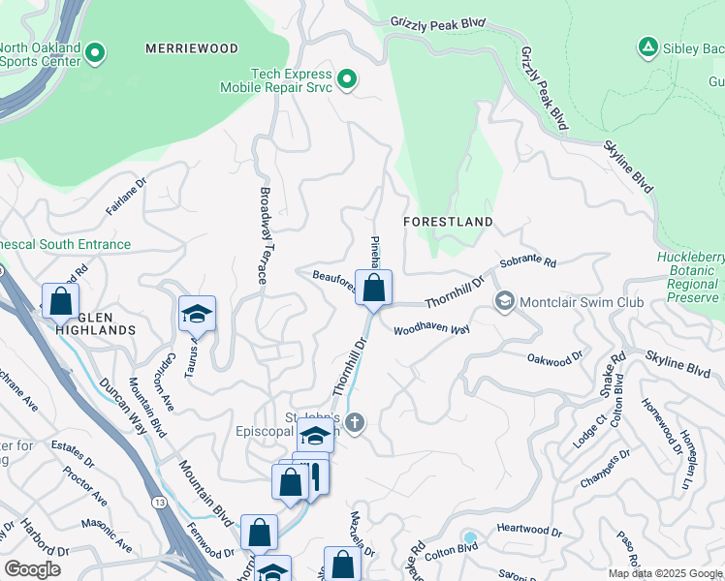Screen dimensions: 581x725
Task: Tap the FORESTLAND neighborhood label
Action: [448, 222]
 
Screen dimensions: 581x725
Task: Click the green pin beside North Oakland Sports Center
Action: [95, 52]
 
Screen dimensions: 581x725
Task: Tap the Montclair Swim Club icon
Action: [503, 302]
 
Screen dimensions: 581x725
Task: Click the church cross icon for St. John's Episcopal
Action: [356, 423]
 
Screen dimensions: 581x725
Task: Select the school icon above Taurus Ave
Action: [197, 314]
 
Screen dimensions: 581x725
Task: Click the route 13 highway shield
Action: [158, 502]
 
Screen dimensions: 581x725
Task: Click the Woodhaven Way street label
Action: [431, 330]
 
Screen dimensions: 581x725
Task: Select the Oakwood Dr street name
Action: [554, 358]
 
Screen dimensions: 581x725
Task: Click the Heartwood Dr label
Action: [529, 532]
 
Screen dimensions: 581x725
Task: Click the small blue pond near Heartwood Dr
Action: [470, 537]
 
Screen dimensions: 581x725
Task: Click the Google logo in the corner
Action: [32, 569]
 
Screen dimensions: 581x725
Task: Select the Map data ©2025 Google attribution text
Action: [665, 573]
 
